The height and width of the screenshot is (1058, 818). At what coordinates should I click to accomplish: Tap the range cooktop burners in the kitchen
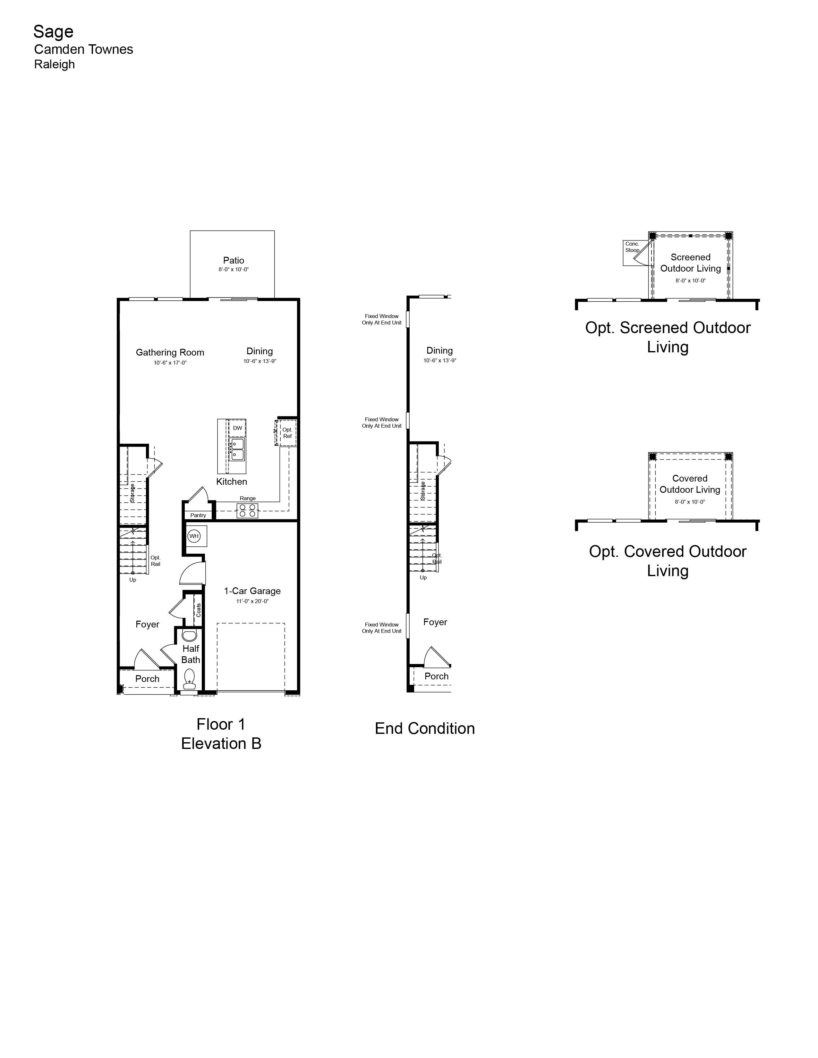[x=247, y=511]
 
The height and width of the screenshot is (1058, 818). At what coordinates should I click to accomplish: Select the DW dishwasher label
[x=237, y=428]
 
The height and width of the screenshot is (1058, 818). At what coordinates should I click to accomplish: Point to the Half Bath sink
[x=190, y=635]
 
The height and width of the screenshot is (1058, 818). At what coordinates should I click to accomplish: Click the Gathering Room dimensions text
[x=170, y=362]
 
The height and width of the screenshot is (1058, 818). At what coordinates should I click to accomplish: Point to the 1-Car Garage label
[x=252, y=591]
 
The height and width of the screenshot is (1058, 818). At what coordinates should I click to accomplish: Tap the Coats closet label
[x=199, y=610]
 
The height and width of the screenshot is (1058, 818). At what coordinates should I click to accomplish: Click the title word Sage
[x=53, y=32]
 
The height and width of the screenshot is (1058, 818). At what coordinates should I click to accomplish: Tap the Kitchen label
[x=232, y=482]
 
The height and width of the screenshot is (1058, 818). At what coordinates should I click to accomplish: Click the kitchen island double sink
[x=237, y=449]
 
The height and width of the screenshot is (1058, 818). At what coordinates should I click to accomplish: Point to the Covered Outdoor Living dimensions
[x=690, y=502]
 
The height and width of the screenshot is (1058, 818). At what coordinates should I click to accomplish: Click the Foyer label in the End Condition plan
[x=435, y=622]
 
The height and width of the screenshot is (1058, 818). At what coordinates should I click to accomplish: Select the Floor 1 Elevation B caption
[x=221, y=734]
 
